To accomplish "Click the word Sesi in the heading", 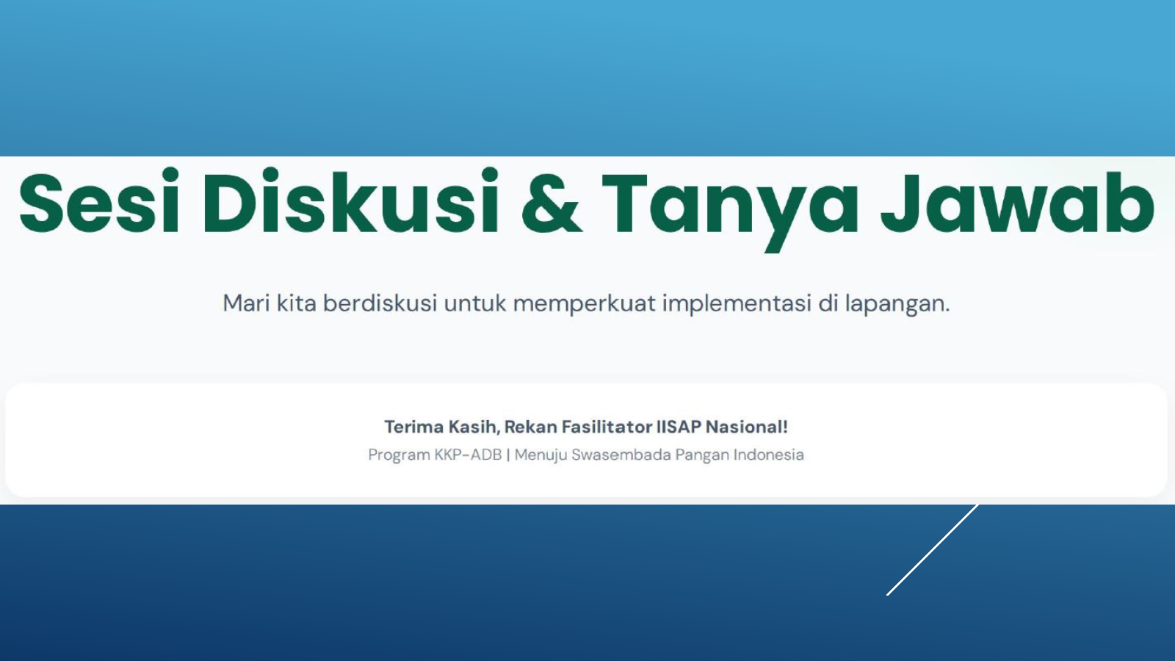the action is tap(99, 201).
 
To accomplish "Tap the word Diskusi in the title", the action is tap(350, 201).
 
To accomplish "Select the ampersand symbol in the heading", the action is tap(552, 203).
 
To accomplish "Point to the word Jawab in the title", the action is tap(1018, 201).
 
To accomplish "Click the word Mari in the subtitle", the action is tap(246, 303).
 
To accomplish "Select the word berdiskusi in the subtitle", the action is tap(380, 303).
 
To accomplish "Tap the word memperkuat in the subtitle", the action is tap(585, 305).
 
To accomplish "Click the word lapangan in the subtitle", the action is tap(895, 305).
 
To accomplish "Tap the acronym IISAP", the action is tap(679, 427).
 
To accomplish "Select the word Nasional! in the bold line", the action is tap(746, 427).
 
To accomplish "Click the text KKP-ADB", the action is tap(468, 455).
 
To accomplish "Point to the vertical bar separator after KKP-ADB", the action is tap(507, 455).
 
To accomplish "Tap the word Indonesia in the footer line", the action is tap(768, 455).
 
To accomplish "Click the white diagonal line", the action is tap(933, 550).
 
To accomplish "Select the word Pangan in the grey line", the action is tap(702, 455).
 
